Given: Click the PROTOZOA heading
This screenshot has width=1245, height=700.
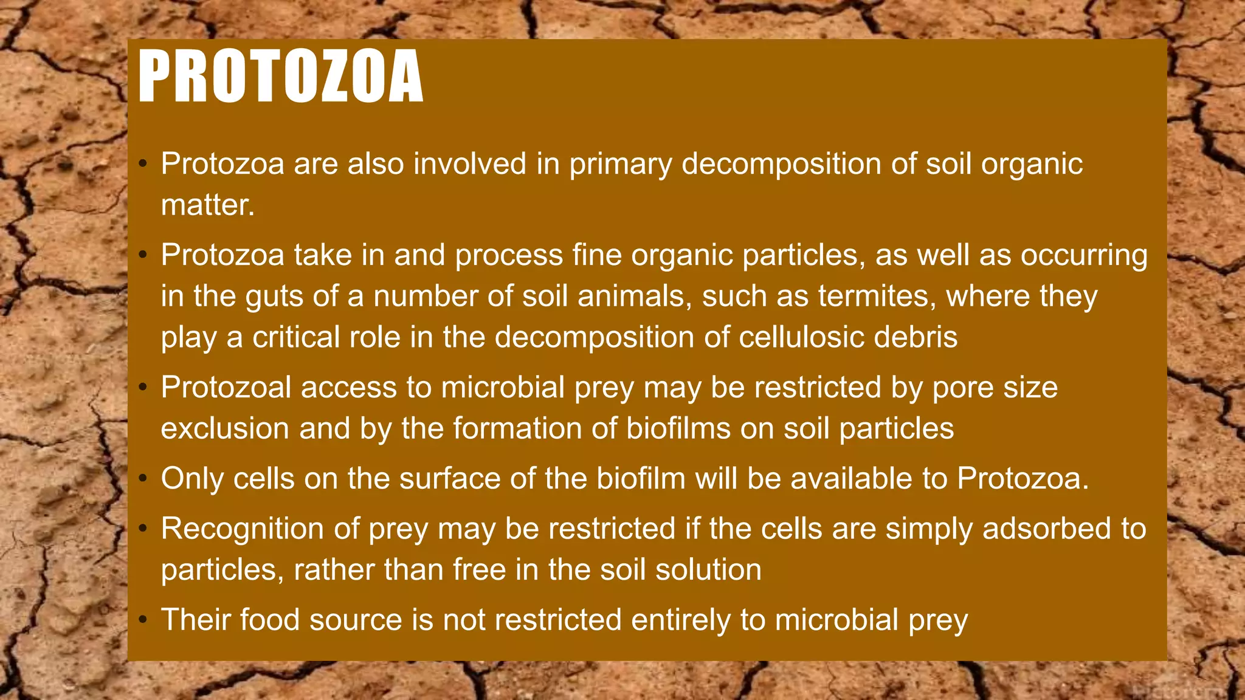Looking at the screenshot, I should tap(280, 77).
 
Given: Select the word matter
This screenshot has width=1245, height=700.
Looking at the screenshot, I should tap(207, 205).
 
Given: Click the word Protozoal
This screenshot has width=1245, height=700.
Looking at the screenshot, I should tap(226, 388).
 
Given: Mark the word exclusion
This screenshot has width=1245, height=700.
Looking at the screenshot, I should tap(225, 428).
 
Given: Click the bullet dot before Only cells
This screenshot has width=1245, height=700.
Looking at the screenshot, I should tap(143, 479).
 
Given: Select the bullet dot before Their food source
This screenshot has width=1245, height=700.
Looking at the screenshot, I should tap(143, 620).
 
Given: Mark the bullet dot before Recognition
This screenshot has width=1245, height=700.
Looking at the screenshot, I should tap(143, 529).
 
